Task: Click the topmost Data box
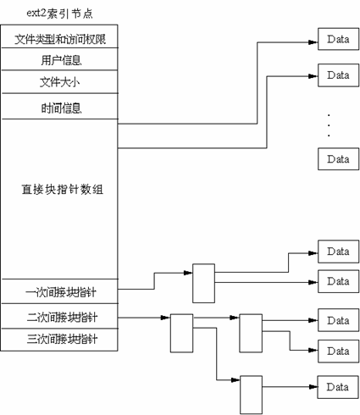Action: (x=337, y=38)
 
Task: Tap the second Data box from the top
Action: (x=337, y=73)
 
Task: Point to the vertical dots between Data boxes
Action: (x=328, y=125)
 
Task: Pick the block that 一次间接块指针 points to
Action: (x=203, y=282)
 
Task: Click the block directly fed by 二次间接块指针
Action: (x=182, y=332)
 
